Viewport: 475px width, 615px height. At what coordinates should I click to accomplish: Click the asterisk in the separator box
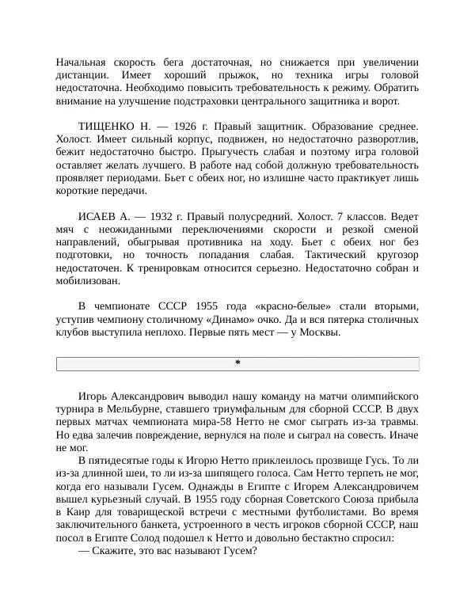coord(237,363)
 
